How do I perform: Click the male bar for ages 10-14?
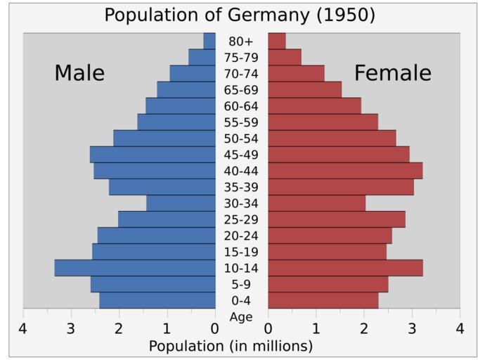135,268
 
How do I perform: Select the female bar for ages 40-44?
345,171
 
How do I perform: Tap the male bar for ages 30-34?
181,203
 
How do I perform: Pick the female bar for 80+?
277,41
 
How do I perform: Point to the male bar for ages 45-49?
153,155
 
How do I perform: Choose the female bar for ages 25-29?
337,219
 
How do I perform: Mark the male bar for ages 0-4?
157,300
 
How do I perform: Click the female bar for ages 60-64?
314,105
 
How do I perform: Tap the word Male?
79,73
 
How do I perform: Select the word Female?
392,73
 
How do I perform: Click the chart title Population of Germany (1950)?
240,15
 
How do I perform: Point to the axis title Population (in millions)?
231,346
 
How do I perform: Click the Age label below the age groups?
241,317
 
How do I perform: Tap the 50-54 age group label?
241,139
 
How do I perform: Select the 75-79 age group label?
241,58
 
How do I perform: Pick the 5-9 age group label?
241,285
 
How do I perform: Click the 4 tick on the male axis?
23,328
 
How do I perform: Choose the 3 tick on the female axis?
412,328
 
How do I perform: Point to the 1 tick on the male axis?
167,328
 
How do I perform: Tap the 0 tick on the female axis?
268,328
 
